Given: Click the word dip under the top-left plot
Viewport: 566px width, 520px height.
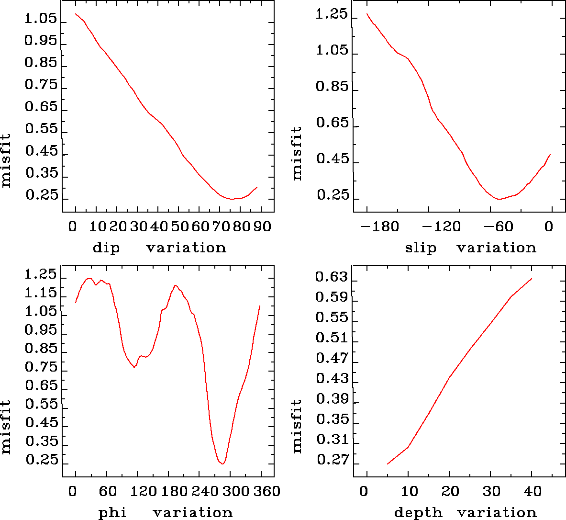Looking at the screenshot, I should point(106,248).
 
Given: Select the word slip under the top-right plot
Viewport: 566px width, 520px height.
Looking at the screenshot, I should point(421,248).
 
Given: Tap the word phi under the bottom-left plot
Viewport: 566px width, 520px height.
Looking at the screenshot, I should point(112,513).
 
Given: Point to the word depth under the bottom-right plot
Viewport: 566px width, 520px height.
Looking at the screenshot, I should point(418,513).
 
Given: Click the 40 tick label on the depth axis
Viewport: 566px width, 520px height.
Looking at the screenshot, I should point(533,491).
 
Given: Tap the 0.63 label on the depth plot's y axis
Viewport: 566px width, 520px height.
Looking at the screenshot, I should point(333,277).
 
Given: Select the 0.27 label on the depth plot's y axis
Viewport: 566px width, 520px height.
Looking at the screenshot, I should point(333,460).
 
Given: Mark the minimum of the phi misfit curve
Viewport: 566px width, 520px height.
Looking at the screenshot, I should point(222,463).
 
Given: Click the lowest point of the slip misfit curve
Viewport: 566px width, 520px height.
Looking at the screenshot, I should point(499,199).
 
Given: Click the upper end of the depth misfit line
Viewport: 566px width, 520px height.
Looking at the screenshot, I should point(531,279).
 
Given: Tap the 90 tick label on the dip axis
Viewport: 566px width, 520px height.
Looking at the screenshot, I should point(262,226).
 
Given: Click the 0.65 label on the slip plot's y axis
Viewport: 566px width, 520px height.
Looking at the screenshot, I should point(332,123).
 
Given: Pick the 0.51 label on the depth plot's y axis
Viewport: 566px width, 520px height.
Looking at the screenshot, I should point(333,338).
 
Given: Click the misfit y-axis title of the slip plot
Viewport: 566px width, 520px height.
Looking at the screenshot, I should point(297,153).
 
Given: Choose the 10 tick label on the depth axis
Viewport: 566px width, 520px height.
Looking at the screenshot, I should point(409,491).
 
